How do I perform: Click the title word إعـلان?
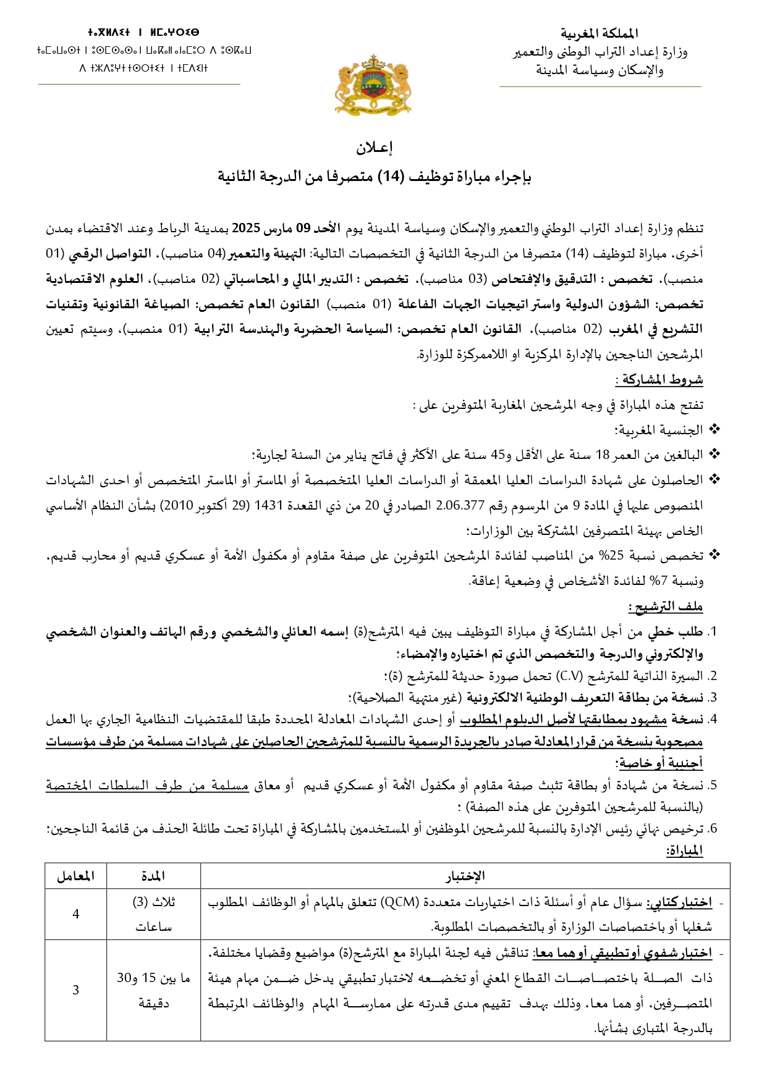tap(375, 148)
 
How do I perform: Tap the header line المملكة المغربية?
tap(600, 34)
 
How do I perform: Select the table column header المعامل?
tap(75, 876)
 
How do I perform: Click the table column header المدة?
tap(153, 876)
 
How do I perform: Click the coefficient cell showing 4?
tap(76, 914)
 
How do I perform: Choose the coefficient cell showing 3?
tap(76, 990)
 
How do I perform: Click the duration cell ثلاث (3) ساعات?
tap(153, 914)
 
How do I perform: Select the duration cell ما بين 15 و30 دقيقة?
tap(153, 990)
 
